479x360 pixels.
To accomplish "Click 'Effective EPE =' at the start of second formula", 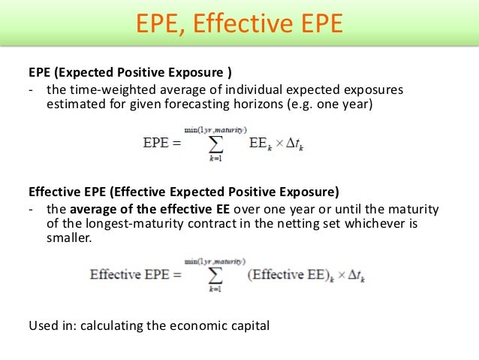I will point(136,274).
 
